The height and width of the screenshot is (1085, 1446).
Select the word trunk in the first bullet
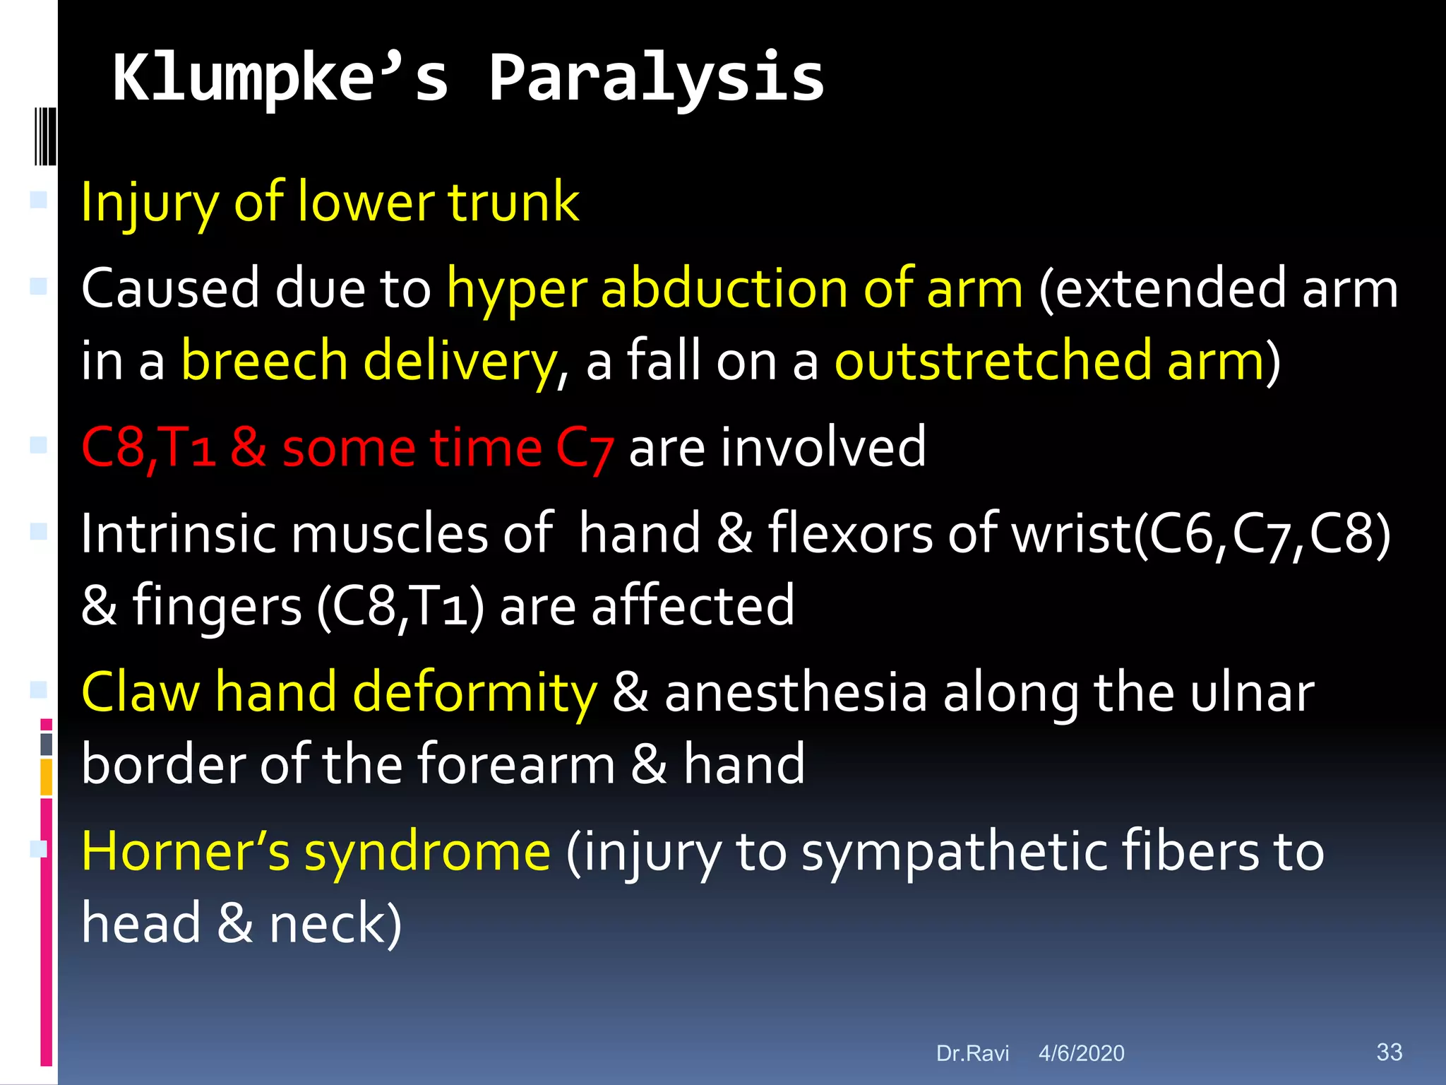tap(513, 202)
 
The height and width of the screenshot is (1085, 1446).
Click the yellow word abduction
tap(724, 289)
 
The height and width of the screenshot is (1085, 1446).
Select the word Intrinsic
tap(177, 534)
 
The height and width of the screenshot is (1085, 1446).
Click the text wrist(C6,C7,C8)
tap(1201, 534)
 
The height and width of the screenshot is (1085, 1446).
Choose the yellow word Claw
tap(141, 692)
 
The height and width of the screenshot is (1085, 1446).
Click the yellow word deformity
tap(474, 692)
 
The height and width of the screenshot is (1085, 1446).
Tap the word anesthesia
tap(796, 692)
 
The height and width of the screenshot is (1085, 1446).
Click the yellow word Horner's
tap(186, 852)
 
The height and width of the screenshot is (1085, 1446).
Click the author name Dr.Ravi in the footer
tap(972, 1053)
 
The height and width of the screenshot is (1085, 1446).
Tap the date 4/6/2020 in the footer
tap(1081, 1053)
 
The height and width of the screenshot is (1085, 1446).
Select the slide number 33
tap(1389, 1052)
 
